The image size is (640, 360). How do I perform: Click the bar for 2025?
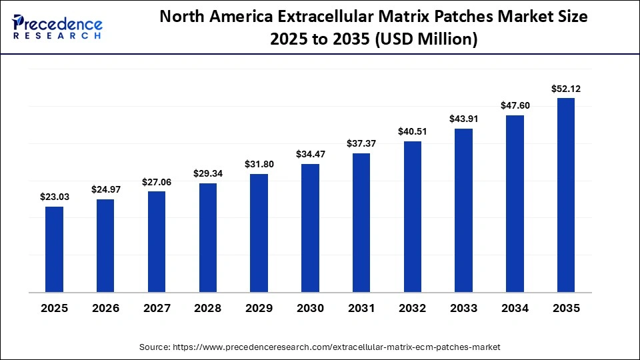point(54,249)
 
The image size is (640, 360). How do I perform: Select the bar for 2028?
point(208,237)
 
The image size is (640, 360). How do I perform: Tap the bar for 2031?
point(361,223)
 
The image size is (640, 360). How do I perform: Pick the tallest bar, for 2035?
point(566,195)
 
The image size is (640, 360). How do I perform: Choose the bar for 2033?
point(463,210)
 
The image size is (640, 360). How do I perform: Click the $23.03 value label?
point(54,197)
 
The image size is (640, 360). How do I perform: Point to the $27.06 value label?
point(157,181)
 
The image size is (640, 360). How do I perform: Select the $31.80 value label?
point(259,164)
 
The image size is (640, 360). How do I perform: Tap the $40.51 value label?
point(413,131)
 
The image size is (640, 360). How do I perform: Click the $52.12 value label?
point(566,88)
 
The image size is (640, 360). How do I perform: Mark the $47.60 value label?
point(515,105)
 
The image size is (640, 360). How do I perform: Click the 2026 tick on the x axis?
point(105,309)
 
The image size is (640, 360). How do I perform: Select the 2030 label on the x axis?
point(310,309)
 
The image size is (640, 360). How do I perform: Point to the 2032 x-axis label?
point(413,309)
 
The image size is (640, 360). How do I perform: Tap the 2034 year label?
point(515,309)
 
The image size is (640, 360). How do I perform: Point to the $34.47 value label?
point(310,154)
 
